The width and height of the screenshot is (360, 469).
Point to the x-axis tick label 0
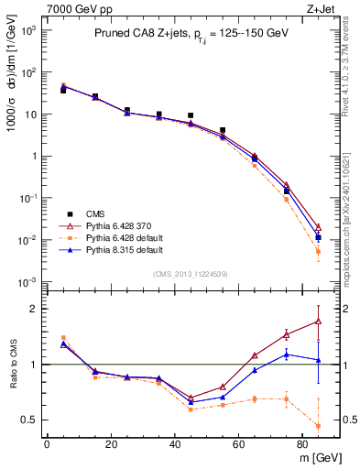tap(46, 445)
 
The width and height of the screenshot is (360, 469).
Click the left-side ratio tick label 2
tap(33, 309)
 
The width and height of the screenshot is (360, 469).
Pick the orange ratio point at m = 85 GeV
tap(318, 426)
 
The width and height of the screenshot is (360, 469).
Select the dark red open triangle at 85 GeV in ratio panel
tap(318, 321)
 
